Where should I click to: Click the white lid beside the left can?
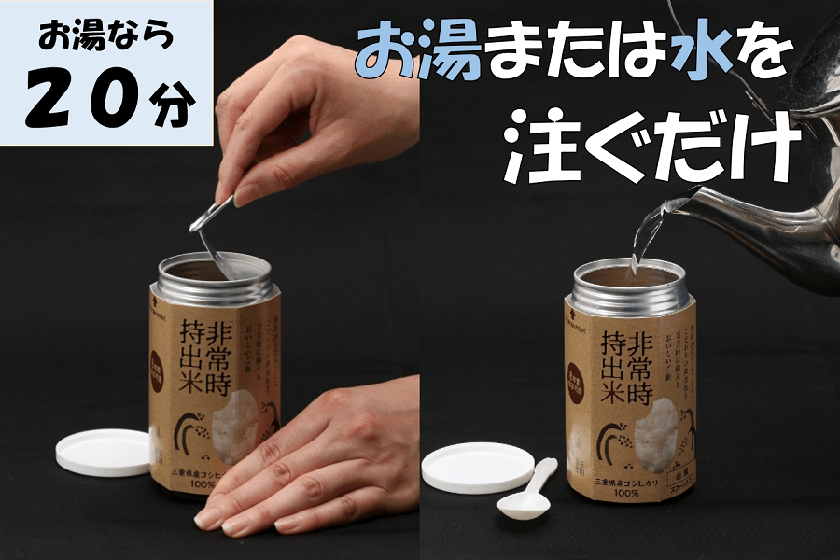tap(104, 451)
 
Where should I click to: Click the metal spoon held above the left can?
tap(211, 229)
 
